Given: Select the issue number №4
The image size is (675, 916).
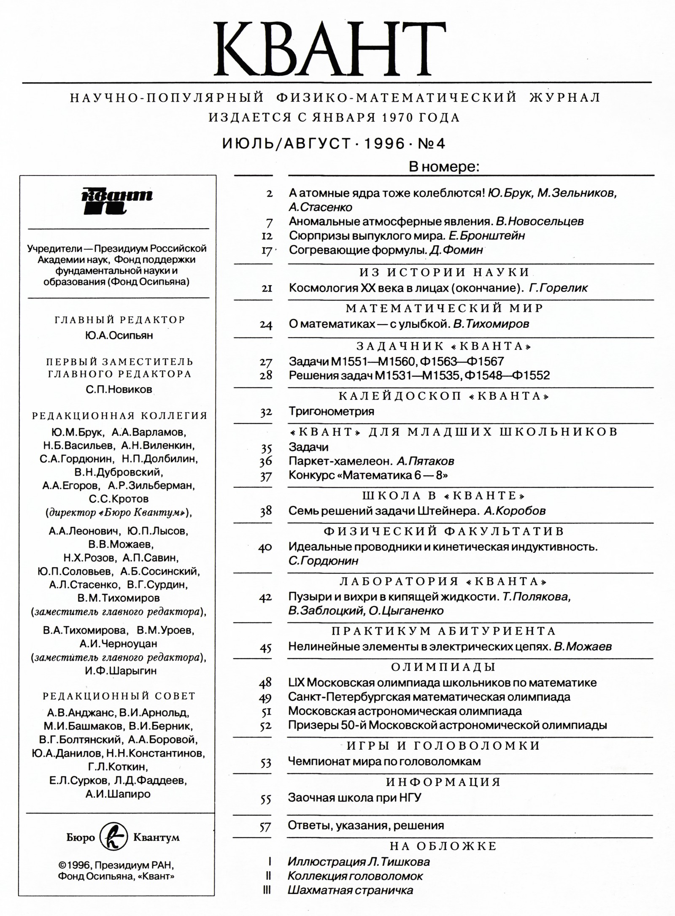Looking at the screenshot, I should tap(431, 144).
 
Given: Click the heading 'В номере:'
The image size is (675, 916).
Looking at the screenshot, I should tap(444, 167).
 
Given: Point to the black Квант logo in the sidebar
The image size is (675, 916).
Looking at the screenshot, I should tap(116, 200).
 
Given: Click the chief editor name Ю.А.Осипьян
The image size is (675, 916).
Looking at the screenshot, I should tap(119, 335).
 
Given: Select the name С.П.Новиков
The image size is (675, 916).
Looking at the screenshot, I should tap(119, 389).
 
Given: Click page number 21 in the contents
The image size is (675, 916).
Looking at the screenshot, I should tap(267, 288).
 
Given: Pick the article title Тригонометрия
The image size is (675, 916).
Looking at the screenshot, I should tap(331, 411).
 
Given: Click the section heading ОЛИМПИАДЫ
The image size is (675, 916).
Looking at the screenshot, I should tap(443, 667).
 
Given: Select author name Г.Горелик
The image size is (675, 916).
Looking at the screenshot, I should tap(558, 288).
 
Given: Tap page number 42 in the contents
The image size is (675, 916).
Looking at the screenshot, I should tap(265, 597).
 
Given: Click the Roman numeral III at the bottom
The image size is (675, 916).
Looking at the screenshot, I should tap(267, 890).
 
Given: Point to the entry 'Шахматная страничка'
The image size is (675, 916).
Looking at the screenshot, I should tap(350, 890).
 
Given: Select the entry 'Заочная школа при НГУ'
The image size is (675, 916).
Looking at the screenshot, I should tap(354, 797).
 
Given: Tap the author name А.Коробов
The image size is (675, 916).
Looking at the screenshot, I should tap(515, 511).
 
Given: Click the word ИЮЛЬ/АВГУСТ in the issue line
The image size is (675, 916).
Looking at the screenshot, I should tap(286, 144).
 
